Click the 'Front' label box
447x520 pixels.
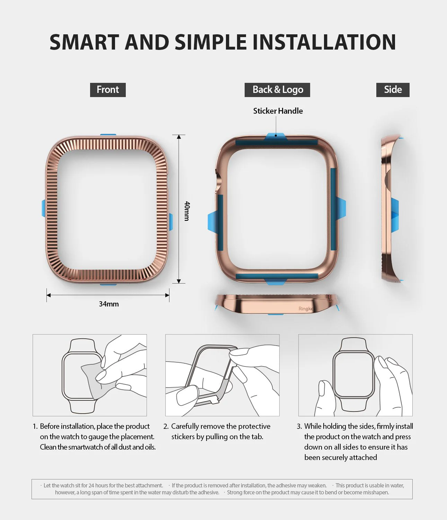[108, 90]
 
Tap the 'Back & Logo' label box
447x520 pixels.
[277, 90]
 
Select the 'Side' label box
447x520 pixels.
[393, 90]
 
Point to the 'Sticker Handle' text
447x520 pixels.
[278, 111]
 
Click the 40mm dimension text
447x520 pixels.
[187, 211]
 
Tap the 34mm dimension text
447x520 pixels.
[109, 304]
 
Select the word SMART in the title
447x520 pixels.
[85, 42]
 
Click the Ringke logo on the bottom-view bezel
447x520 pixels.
[306, 309]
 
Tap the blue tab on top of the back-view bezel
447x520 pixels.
[275, 137]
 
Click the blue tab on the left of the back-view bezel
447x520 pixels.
[212, 222]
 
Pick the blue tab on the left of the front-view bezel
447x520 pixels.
[43, 208]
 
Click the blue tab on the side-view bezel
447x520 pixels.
[395, 215]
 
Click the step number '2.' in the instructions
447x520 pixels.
[166, 426]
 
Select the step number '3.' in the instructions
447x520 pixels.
[299, 426]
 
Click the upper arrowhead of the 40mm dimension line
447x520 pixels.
[179, 137]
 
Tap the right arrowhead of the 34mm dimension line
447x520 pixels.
[167, 295]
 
